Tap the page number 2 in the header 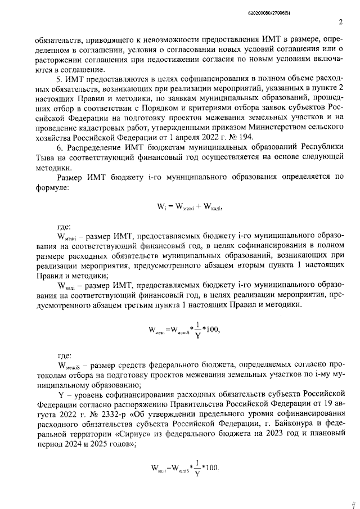tap(341, 22)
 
